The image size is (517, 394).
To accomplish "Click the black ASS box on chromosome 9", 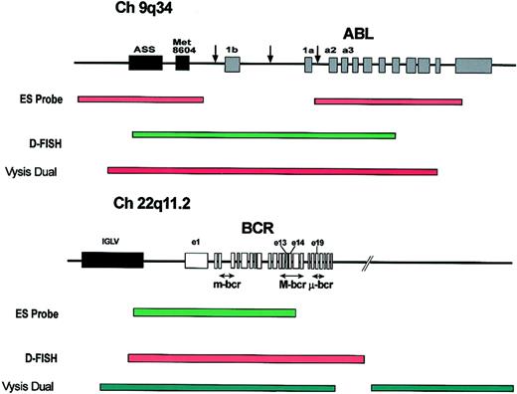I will coord(146,62).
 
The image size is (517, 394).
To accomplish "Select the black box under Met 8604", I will coord(182,62).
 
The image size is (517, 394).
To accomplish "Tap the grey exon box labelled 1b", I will coord(232,63).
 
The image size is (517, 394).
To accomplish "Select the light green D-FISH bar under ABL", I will coord(263,135).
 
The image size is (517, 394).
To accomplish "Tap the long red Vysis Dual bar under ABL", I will coord(271,171).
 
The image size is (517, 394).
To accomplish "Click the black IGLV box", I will coord(111,262).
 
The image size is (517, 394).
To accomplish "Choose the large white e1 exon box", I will coord(196,262).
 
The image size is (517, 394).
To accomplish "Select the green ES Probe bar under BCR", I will coord(214,313).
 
